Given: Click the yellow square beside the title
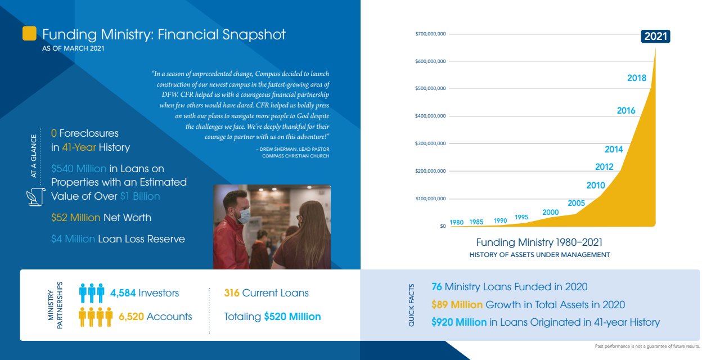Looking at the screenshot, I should coord(29,33).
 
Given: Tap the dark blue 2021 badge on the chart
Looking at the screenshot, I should coord(655,37).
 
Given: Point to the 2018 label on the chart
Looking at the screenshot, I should coord(637,78).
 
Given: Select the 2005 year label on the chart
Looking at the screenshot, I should coord(576,203).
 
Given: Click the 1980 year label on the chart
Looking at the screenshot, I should coord(457,222).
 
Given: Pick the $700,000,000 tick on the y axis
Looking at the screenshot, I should coord(430,34).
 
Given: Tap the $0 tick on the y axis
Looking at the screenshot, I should coord(442,226).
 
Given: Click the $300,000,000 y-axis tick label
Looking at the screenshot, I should coord(430,143).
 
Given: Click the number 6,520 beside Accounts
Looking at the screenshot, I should coord(131,317).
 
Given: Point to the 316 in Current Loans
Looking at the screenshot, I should coord(232,293).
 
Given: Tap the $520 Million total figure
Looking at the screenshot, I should coord(292,317).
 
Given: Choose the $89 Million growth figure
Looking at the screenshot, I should coord(457,305).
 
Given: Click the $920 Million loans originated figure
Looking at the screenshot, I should coord(459,322).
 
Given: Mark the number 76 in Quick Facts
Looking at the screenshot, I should coord(436,287).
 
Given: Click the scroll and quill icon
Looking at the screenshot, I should coord(36,197).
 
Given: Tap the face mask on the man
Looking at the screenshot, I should coord(244,215).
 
